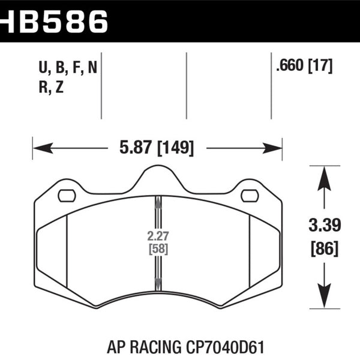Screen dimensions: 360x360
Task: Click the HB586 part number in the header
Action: pyautogui.click(x=54, y=22)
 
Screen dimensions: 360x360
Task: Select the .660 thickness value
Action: pyautogui.click(x=290, y=65)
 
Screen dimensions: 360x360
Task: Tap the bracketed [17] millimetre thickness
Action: pyautogui.click(x=320, y=66)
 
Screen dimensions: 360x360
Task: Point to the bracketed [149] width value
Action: pyautogui.click(x=176, y=148)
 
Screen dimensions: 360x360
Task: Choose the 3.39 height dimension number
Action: pyautogui.click(x=325, y=225)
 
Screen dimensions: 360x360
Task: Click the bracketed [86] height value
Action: pyautogui.click(x=325, y=248)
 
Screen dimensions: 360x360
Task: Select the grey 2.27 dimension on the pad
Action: pyautogui.click(x=158, y=236)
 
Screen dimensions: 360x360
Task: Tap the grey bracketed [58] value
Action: pyautogui.click(x=158, y=249)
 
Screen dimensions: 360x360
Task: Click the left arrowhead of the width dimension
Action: pyautogui.click(x=43, y=148)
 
